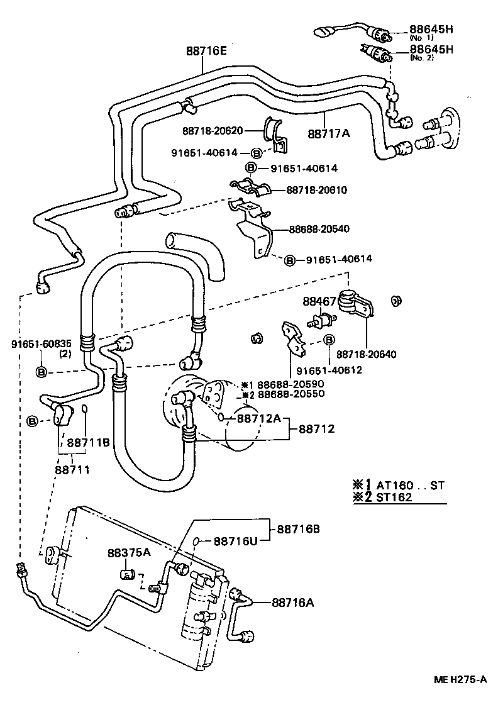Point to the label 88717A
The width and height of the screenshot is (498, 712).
click(x=329, y=133)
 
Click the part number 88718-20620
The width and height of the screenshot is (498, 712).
click(x=213, y=131)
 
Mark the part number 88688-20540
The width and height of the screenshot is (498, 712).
click(x=319, y=230)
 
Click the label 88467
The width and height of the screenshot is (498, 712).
click(x=319, y=301)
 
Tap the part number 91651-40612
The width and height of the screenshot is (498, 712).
click(x=329, y=370)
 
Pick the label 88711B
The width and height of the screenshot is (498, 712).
click(x=88, y=442)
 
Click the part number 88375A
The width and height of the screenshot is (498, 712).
click(x=129, y=552)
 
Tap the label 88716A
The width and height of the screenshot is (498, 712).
click(x=293, y=602)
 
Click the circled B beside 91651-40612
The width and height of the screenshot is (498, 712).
click(x=328, y=340)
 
